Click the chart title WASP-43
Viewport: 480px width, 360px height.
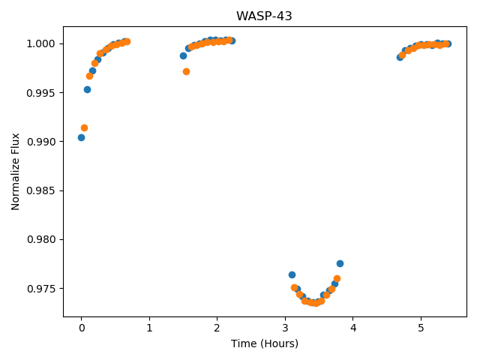coord(264,16)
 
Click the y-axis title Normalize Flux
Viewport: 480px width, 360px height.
coord(15,172)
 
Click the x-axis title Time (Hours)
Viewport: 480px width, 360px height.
coord(265,343)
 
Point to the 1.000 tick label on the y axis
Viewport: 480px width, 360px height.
coord(40,43)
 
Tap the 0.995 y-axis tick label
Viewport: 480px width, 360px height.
coord(40,93)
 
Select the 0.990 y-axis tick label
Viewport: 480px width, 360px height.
coord(40,142)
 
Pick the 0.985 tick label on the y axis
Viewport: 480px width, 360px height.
coord(40,190)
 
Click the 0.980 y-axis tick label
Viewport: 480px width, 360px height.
coord(40,239)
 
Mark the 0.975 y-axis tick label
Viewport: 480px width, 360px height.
coord(40,289)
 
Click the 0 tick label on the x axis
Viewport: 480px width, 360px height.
coord(82,328)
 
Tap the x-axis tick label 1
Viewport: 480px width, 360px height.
coord(149,328)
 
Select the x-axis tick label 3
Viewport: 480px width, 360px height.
coord(285,328)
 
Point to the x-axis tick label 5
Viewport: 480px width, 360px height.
coord(421,328)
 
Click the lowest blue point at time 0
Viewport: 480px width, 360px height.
coord(81,138)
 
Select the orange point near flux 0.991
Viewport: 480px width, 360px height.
coord(84,128)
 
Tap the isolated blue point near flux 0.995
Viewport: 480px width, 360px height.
coord(87,90)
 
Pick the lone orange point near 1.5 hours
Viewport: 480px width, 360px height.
coord(186,72)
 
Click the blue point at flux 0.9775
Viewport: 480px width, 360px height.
coord(340,263)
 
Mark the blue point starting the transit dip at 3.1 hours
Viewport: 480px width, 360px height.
coord(292,275)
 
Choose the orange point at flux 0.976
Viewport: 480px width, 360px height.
coord(337,278)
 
